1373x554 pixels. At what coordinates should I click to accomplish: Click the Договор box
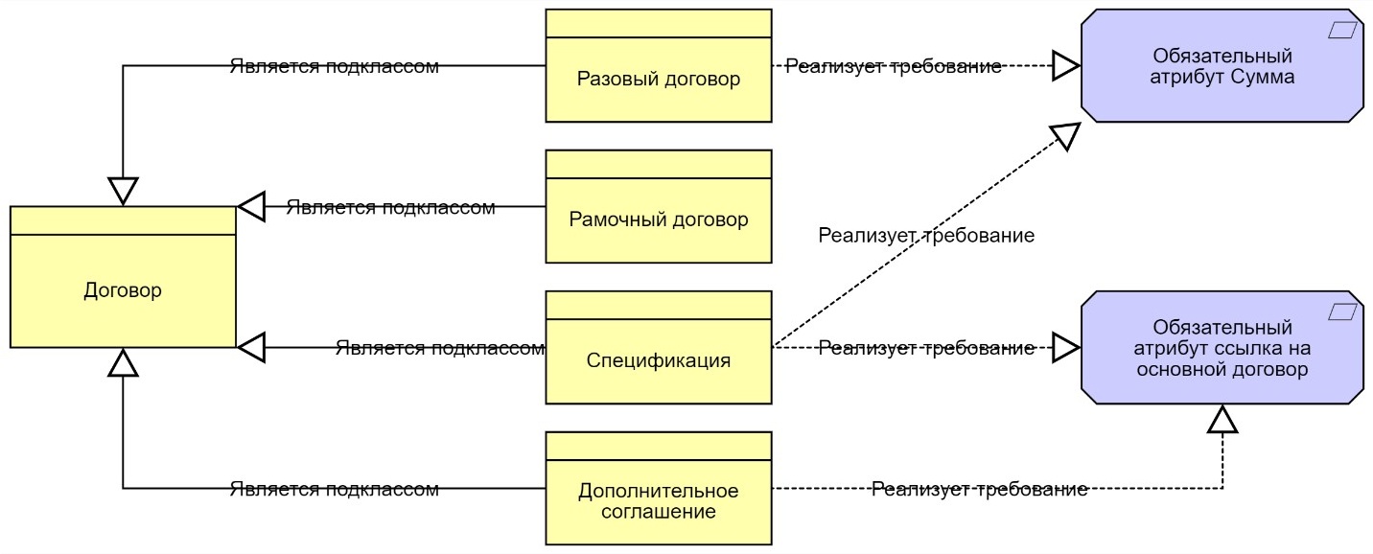click(x=123, y=289)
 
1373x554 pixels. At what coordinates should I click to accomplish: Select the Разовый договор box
click(x=659, y=79)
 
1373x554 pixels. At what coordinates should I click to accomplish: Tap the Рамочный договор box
click(x=659, y=219)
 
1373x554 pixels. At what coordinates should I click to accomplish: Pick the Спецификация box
click(x=659, y=360)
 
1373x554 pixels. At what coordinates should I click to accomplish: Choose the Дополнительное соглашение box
click(x=659, y=501)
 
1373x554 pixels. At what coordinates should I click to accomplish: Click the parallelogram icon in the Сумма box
click(x=1344, y=31)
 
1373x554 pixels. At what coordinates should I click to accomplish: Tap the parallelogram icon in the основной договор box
click(x=1344, y=312)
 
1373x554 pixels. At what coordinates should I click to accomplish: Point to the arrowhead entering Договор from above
click(x=123, y=192)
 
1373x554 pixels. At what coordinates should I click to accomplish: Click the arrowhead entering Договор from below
click(x=123, y=362)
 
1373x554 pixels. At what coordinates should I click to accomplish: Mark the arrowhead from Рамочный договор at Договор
click(x=251, y=206)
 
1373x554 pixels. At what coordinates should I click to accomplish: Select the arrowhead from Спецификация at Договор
click(x=251, y=347)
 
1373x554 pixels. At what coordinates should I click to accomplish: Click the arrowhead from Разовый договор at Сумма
click(x=1066, y=66)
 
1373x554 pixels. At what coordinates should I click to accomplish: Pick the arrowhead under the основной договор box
click(x=1222, y=419)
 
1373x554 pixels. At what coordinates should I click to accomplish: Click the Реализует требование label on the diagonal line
click(x=926, y=235)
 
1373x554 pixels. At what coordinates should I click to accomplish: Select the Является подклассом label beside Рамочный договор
click(x=390, y=207)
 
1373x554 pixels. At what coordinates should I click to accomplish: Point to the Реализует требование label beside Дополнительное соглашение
click(x=979, y=490)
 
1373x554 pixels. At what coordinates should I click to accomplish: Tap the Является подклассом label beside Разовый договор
click(x=334, y=66)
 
